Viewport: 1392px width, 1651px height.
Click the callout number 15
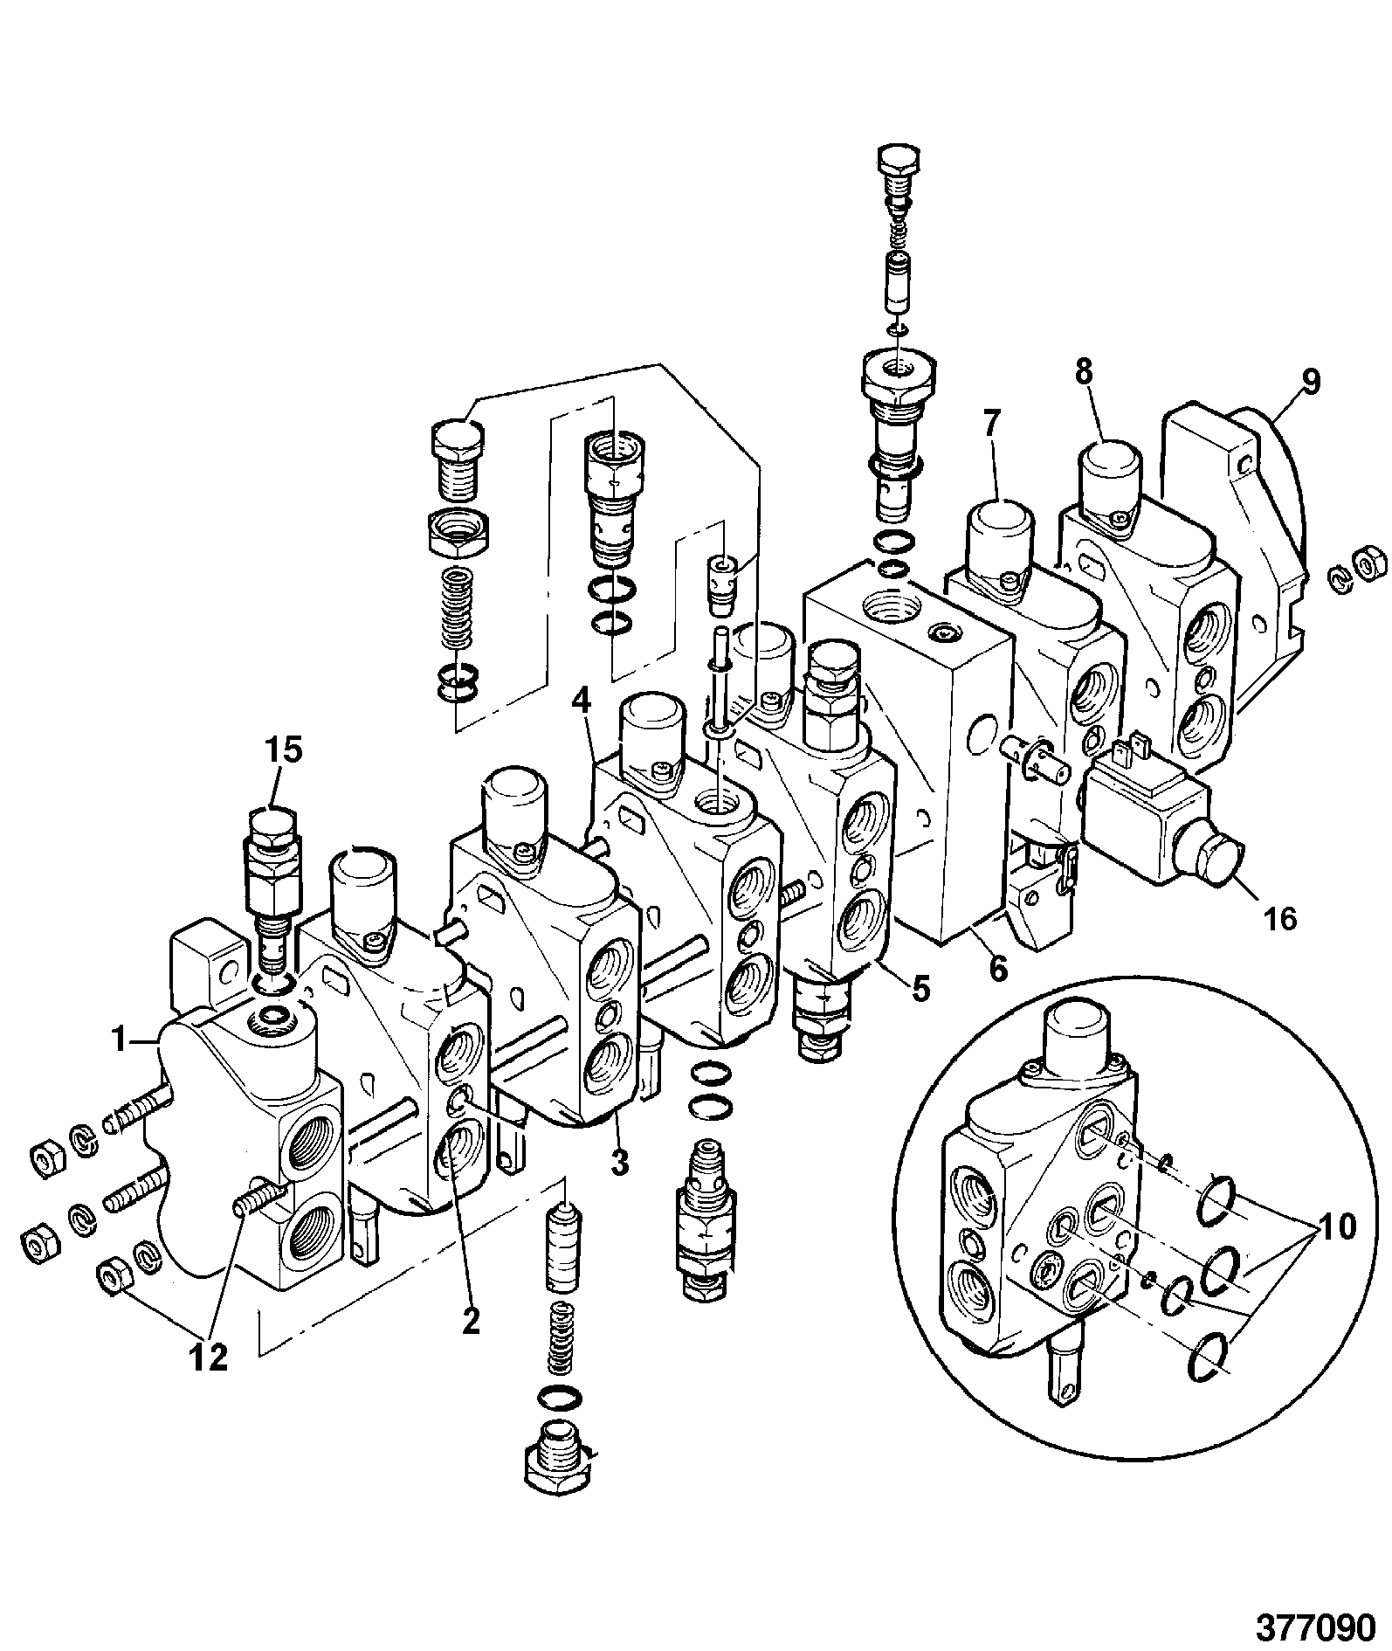[284, 750]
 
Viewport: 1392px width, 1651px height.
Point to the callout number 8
[1083, 372]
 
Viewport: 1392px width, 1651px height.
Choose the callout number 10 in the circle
[1337, 1226]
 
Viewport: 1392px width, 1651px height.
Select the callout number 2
[471, 1321]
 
